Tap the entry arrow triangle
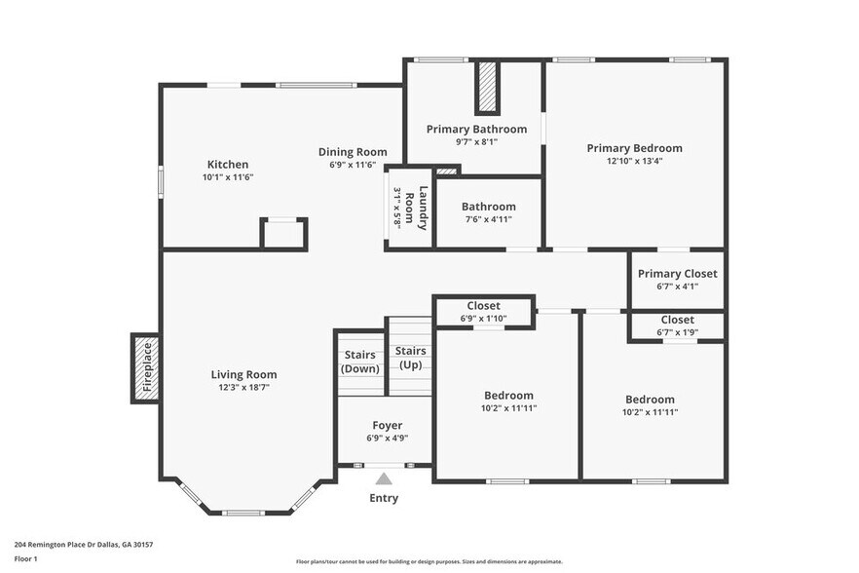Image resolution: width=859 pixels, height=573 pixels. pos(384,478)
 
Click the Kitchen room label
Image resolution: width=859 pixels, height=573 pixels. pos(227,165)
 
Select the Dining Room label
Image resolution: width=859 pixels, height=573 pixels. pos(353,152)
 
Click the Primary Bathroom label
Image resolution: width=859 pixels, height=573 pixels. pos(476,129)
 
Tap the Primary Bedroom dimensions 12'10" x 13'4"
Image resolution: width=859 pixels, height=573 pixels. pos(634,162)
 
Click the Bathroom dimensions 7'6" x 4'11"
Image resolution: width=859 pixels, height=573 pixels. pos(488,219)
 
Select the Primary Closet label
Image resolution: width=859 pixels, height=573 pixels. pos(677,274)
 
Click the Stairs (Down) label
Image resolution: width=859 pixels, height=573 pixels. pos(360,362)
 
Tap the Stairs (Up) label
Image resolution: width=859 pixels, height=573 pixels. pos(411,358)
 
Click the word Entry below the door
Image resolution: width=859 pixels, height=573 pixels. pos(384,498)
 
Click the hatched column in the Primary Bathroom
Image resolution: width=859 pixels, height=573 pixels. pos(486,89)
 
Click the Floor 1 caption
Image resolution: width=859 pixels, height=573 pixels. pos(25,558)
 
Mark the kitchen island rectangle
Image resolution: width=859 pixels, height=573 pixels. pos(283,234)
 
